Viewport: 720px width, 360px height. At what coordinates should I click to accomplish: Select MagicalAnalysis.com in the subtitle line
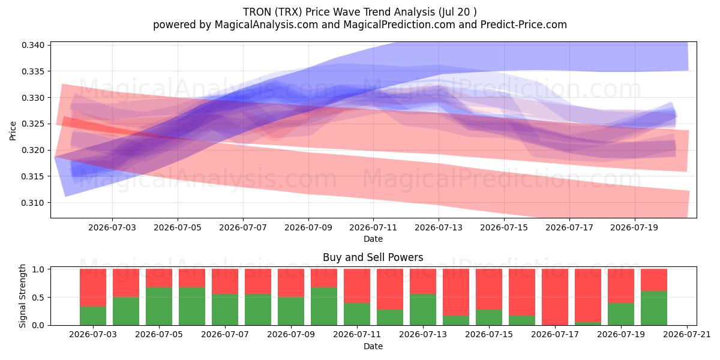click(x=266, y=25)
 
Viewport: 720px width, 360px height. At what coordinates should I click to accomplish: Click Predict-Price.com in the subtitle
click(x=524, y=25)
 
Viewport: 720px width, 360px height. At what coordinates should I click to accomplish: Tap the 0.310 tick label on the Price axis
click(x=33, y=203)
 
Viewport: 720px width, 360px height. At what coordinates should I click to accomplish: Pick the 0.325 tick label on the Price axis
click(x=33, y=124)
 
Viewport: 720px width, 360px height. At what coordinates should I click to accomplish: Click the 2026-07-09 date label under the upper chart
click(x=308, y=227)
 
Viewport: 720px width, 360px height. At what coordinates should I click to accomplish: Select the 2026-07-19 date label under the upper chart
click(x=634, y=227)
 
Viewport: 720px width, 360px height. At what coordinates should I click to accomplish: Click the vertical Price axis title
click(x=13, y=131)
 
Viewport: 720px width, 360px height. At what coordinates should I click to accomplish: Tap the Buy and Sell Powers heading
click(x=373, y=257)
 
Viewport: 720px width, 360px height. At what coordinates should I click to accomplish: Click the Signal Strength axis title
click(x=22, y=296)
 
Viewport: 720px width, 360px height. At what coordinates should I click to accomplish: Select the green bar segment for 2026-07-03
click(x=93, y=316)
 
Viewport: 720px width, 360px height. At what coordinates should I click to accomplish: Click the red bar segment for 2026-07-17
click(x=555, y=297)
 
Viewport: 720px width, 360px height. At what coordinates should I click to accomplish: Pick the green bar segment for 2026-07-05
click(x=159, y=307)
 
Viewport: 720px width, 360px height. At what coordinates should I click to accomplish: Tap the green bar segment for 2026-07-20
click(x=654, y=308)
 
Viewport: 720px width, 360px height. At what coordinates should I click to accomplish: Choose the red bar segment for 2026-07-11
click(x=357, y=286)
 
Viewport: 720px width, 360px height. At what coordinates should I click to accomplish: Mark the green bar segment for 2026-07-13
click(x=422, y=310)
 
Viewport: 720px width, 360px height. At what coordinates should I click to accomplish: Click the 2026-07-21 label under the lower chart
click(x=687, y=335)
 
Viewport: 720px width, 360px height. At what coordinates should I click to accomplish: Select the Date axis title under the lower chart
click(x=373, y=346)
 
